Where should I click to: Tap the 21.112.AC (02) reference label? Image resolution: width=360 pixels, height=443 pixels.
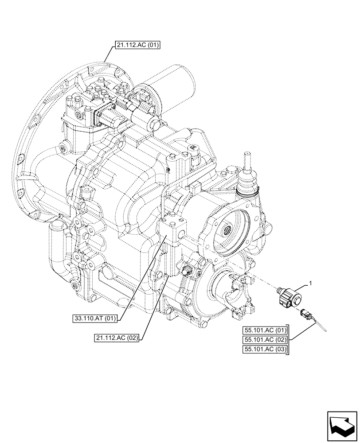point(117,338)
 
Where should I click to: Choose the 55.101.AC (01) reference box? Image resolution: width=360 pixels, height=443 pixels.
point(265,330)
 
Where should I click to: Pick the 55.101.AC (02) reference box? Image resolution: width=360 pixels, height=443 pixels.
point(265,340)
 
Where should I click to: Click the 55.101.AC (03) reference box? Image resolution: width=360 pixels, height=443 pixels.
point(265,350)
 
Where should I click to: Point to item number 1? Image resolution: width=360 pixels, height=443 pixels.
point(311,282)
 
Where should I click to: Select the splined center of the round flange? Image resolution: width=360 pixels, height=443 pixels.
point(227,230)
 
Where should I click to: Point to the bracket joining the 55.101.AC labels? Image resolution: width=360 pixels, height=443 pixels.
point(289,340)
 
